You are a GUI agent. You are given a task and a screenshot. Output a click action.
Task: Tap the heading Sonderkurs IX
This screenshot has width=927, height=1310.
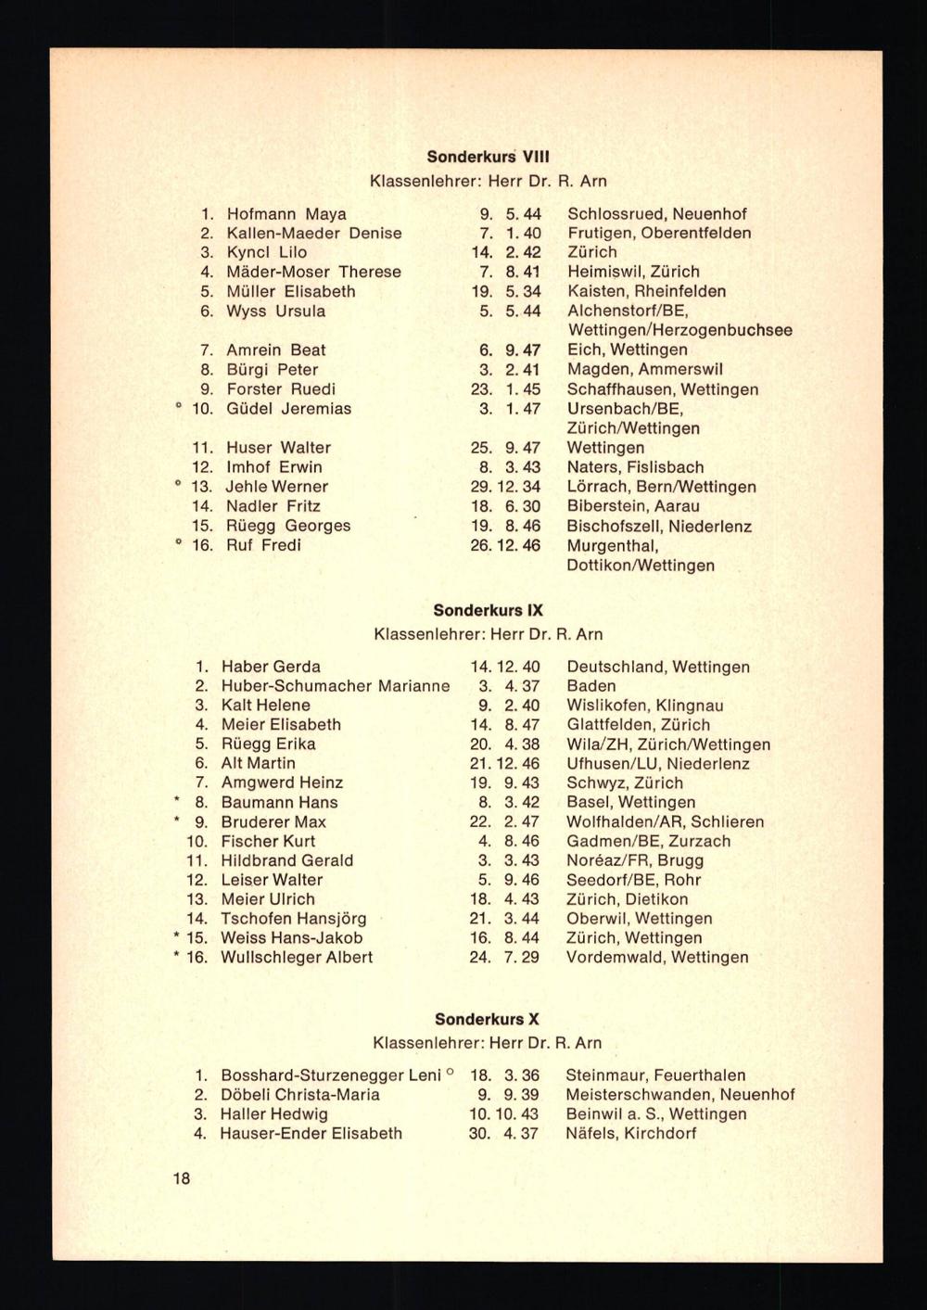tap(489, 611)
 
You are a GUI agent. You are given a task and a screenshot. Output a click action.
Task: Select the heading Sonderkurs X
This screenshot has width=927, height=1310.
tap(487, 1019)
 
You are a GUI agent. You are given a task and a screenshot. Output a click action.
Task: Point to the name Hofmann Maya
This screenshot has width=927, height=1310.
tap(286, 214)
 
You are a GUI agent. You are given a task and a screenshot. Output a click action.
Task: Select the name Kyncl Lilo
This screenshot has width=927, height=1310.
tap(267, 252)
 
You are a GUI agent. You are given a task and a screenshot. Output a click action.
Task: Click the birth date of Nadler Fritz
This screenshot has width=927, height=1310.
tap(506, 506)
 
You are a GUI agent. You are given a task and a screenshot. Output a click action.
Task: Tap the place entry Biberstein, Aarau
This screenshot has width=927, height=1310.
tap(633, 506)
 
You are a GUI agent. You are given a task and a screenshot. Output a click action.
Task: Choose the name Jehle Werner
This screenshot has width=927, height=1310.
tap(277, 487)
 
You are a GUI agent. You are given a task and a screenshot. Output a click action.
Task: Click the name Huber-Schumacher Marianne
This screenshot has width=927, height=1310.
tap(335, 686)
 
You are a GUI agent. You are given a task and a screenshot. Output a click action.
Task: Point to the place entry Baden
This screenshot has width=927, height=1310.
tap(590, 686)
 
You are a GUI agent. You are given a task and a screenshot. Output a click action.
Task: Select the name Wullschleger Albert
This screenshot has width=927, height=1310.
tap(297, 957)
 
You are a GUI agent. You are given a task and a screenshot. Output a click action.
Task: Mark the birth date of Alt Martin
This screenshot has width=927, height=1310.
tap(505, 764)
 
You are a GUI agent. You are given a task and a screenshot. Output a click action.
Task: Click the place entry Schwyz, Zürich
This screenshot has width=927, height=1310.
tap(624, 782)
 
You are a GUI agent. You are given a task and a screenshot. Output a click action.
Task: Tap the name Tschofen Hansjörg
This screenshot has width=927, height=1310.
tap(294, 919)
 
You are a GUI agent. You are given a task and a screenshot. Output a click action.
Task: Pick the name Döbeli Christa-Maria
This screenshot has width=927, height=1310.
tap(299, 1095)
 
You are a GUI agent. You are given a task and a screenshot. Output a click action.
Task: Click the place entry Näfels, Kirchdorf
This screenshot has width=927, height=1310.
tap(630, 1133)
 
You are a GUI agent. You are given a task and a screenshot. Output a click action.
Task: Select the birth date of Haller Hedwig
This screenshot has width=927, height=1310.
tap(504, 1114)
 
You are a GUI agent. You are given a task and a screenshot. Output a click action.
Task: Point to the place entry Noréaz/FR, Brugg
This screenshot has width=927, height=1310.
tap(621, 860)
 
